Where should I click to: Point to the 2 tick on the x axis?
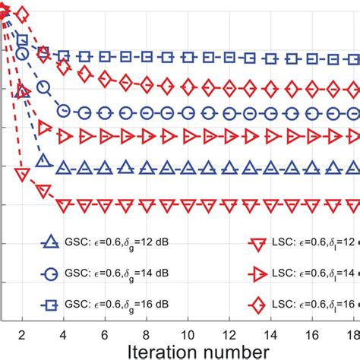pos(22,333)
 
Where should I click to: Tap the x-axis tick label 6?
pos(105,333)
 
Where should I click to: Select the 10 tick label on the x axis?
pos(188,333)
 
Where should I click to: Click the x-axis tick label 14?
pos(271,333)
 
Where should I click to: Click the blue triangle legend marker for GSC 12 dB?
pos(51,243)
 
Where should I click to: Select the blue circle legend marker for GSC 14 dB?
pos(51,273)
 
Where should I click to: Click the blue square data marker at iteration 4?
pos(64,55)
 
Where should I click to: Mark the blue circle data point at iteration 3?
pos(43,88)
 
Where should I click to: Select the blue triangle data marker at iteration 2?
pos(22,92)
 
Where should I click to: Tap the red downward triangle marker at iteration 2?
pos(22,174)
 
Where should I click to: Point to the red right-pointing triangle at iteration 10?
pos(188,137)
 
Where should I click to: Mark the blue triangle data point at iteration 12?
pos(229,166)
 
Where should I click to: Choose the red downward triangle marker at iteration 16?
pos(312,204)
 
